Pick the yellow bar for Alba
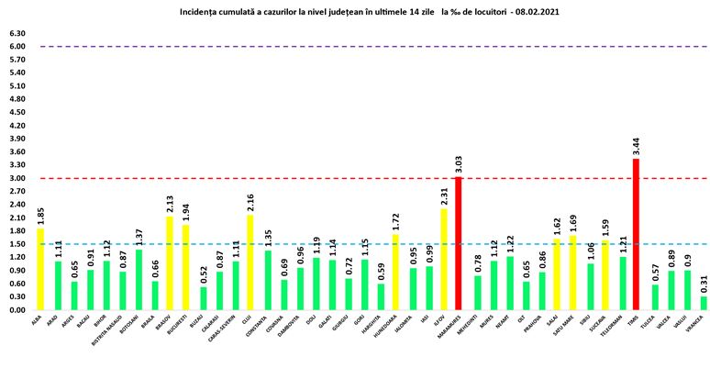pyautogui.click(x=39, y=269)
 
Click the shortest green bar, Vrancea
pyautogui.click(x=704, y=303)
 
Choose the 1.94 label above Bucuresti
pyautogui.click(x=188, y=212)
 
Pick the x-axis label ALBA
pyautogui.click(x=38, y=321)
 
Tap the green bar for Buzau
pyautogui.click(x=204, y=298)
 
